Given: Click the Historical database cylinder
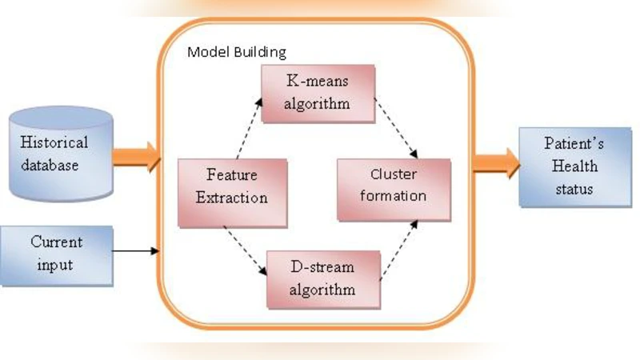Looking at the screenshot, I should coord(60,154).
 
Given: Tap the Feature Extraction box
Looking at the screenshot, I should coord(231,186).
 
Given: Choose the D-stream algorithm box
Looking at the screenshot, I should coord(323,279).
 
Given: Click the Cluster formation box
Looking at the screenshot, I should coord(394,185).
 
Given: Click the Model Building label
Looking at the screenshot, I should coord(236,52).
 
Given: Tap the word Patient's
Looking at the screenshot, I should coord(569,145).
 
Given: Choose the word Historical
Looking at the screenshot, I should coord(55,144).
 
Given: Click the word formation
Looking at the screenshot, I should coord(394,195).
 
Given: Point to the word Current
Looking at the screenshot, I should coord(56,241).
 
